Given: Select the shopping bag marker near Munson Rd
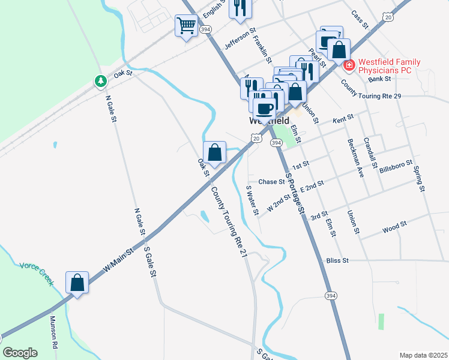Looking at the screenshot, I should coord(77,282).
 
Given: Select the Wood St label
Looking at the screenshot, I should coord(394,227).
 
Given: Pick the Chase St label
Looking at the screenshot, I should coord(271,182).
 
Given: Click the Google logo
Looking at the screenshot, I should coord(20,353).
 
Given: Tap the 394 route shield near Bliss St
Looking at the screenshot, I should coord(331,296).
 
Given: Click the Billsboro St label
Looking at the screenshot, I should coord(396,166).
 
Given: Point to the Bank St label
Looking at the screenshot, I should coord(380,79).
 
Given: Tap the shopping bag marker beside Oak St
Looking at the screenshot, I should coord(215,152).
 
